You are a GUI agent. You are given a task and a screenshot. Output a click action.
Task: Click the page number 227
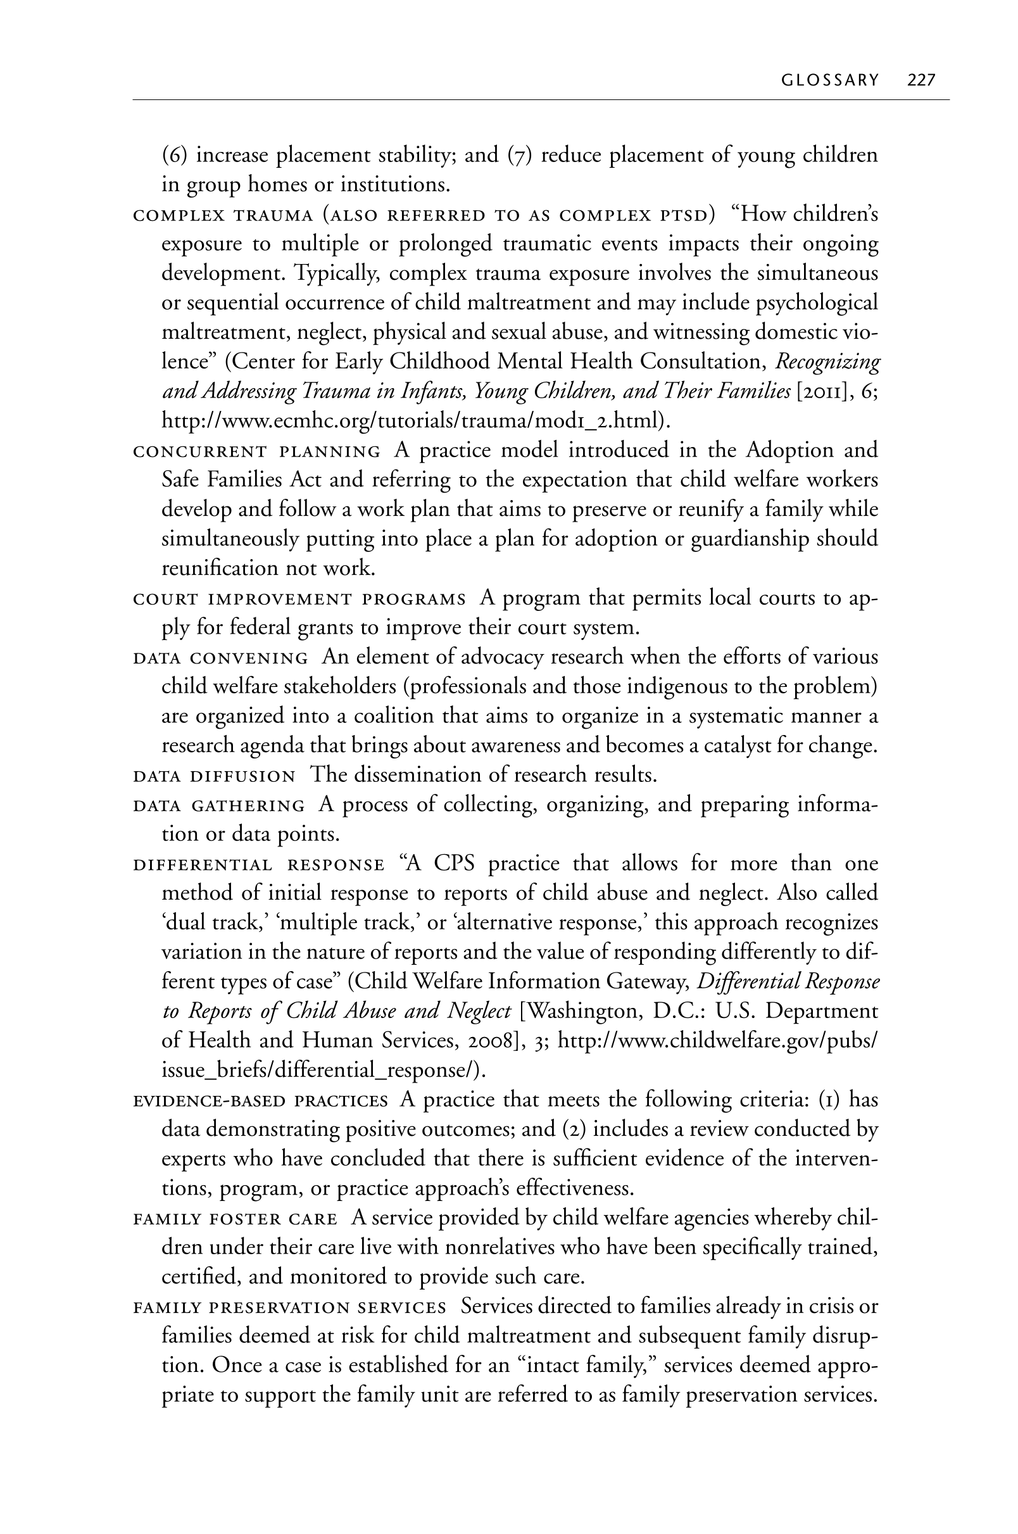click(921, 80)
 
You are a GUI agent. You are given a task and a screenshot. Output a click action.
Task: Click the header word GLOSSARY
click(830, 80)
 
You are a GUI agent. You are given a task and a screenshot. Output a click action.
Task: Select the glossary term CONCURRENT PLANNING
click(256, 451)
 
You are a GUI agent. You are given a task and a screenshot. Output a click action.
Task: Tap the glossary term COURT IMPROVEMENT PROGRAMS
click(299, 598)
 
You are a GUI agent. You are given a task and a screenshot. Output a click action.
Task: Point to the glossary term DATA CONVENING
click(220, 658)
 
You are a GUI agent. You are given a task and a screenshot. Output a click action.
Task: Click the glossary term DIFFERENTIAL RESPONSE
click(258, 865)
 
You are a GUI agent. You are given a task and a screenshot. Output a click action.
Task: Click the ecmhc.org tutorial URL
click(414, 421)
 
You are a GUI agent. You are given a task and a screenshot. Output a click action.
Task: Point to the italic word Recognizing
click(828, 361)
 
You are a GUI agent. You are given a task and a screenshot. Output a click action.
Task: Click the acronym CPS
click(454, 864)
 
